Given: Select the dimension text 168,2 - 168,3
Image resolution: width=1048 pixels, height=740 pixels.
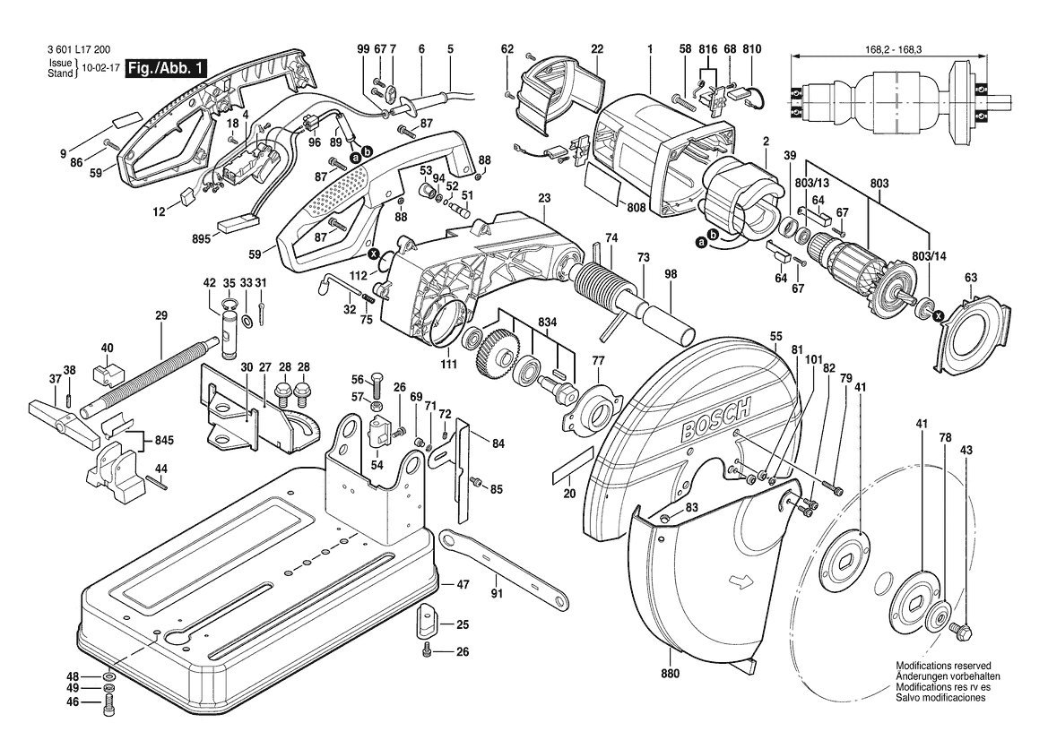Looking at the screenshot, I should [888, 52].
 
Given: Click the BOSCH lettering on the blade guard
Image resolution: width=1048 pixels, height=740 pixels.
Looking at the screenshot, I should [714, 419].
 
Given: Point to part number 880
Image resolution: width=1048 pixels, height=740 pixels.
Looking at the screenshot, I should [671, 674].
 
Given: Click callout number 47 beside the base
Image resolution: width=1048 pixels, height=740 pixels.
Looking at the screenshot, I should [463, 584].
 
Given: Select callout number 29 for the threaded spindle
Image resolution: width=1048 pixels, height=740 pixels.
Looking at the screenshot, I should [161, 315].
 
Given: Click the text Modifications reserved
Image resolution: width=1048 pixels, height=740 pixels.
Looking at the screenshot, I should [943, 667].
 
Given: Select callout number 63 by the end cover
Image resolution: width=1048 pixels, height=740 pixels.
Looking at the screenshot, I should [970, 278].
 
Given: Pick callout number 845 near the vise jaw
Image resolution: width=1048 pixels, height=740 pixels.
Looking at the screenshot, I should [164, 440].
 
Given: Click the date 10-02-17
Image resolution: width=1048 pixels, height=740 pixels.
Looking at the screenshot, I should [99, 68].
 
